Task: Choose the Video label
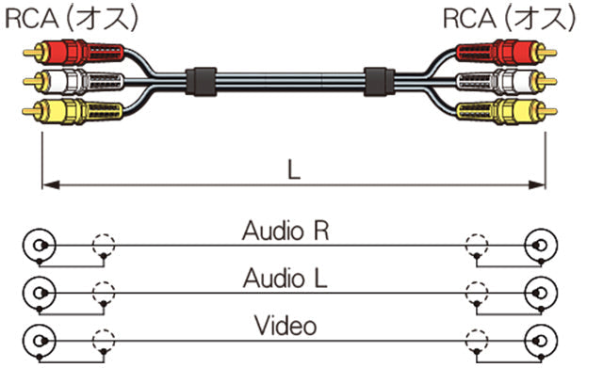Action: coord(285,327)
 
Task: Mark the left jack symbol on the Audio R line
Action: coord(39,248)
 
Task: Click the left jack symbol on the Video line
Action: coord(39,342)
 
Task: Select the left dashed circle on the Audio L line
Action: coord(102,295)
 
